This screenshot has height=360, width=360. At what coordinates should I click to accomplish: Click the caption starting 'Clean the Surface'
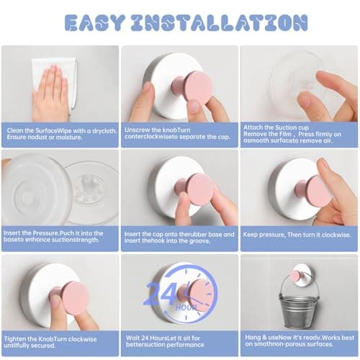59,134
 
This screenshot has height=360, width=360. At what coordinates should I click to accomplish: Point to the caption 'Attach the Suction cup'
298,134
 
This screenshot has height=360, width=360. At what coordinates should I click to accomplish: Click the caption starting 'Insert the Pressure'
59,238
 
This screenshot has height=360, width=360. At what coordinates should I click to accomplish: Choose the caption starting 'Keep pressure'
298,235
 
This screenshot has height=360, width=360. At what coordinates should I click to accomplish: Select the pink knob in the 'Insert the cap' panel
197,189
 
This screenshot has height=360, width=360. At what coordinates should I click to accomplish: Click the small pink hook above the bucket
295,275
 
